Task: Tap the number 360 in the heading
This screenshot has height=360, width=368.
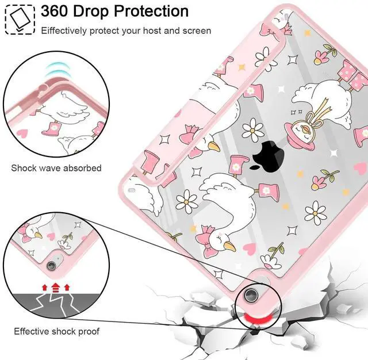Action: coord(57,11)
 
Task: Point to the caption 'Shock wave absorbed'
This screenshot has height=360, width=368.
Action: coord(56,168)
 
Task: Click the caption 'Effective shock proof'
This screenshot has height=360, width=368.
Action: coord(57,331)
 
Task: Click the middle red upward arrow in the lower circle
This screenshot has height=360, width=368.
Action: coord(55,286)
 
